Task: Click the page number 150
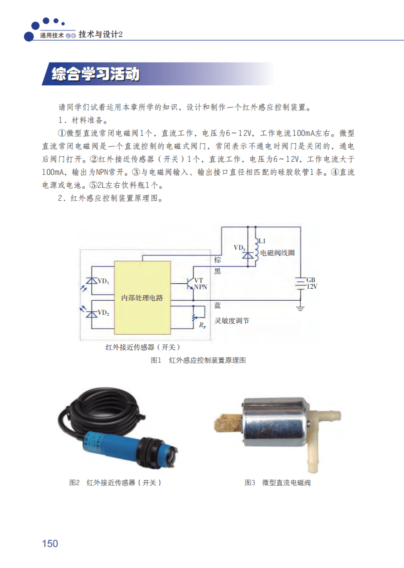tap(50, 544)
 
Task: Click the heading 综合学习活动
tap(95, 74)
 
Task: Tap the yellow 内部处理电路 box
tap(142, 297)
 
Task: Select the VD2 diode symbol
tap(91, 314)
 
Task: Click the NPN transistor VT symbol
tap(190, 283)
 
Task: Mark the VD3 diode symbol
tap(247, 255)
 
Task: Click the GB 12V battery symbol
tap(300, 283)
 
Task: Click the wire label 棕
tap(217, 260)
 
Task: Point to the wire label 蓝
tap(217, 305)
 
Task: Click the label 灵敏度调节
tap(231, 321)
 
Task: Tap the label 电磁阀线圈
tap(277, 253)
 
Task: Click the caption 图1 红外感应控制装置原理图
tap(198, 360)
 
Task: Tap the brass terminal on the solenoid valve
tap(227, 424)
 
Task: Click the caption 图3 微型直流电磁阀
tap(277, 483)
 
